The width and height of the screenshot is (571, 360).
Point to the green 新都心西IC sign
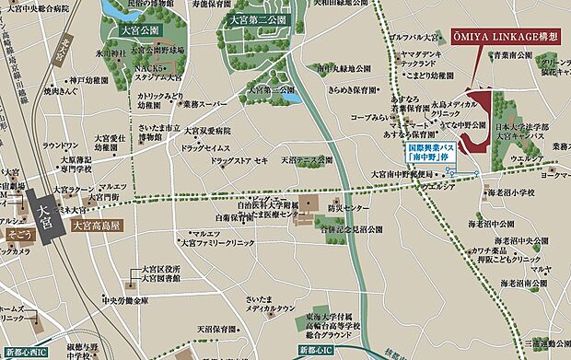coord(29,352)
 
